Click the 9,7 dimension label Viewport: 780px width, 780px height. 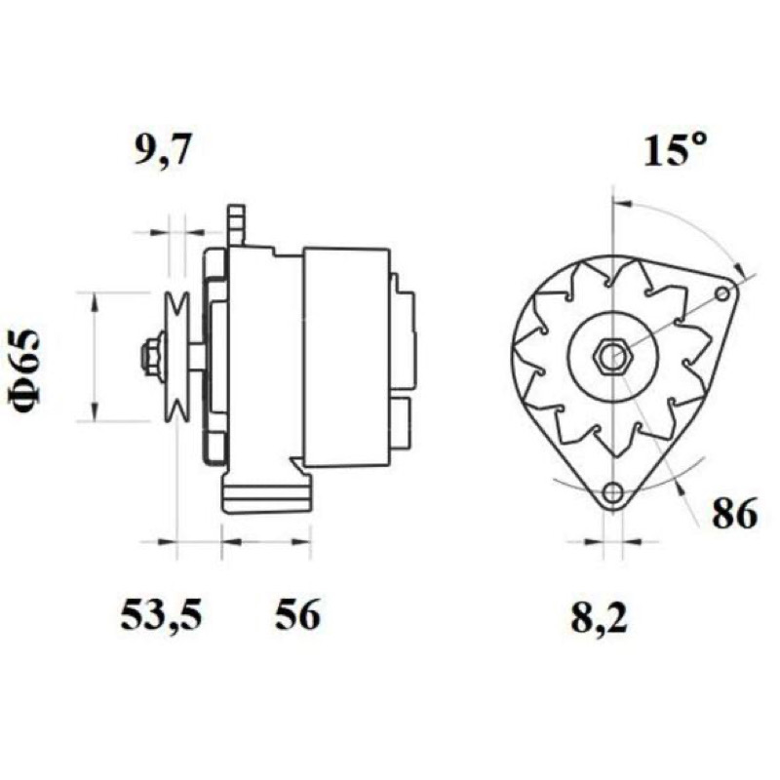pos(163,150)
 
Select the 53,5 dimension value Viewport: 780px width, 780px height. pos(161,615)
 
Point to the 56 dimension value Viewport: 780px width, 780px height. pos(297,614)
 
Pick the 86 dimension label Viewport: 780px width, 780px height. pos(735,514)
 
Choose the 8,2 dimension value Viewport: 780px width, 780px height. pos(599,617)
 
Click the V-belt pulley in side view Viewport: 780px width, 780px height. pos(177,356)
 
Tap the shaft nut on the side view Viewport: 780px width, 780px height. pos(151,356)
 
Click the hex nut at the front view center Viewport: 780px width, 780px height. pos(614,356)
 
